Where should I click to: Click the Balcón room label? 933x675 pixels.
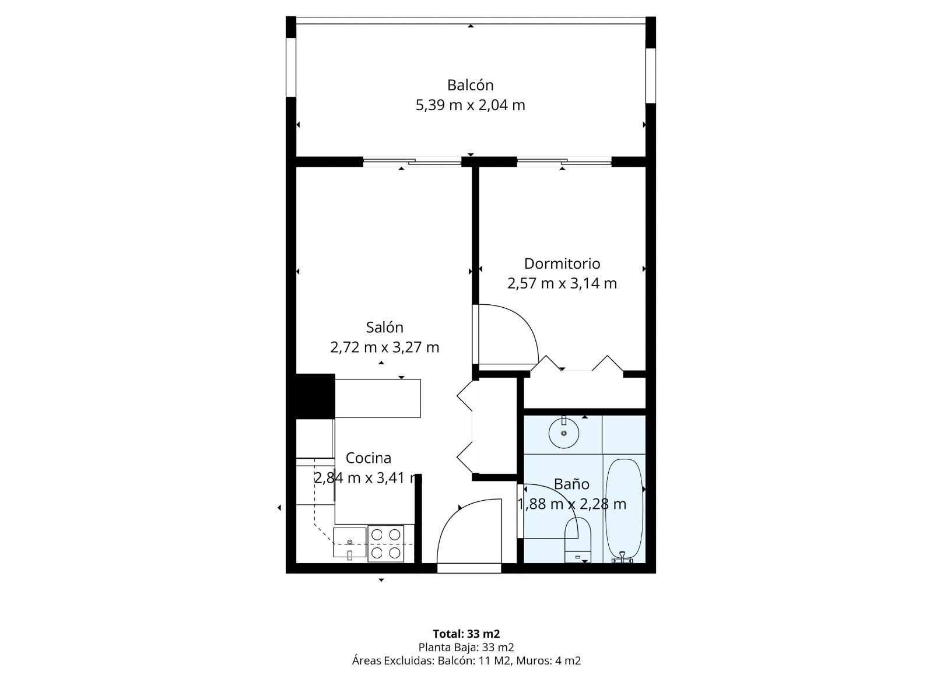[470, 85]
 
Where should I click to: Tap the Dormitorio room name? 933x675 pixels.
[562, 263]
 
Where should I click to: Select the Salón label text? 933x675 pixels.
[384, 327]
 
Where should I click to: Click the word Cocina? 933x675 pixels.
[368, 458]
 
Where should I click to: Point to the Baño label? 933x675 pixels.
[571, 484]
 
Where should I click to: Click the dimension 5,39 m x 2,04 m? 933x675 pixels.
[470, 105]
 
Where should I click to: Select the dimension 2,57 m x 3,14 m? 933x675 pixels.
[562, 283]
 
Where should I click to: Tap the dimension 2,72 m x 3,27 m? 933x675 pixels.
[384, 347]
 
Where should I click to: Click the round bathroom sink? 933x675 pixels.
[564, 434]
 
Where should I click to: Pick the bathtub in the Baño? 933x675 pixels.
[623, 509]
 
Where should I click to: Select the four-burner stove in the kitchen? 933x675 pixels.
[385, 543]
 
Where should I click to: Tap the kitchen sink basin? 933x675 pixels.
[349, 543]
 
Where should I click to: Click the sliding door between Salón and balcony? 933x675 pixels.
[412, 162]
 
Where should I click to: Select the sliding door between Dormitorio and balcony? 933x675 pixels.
[564, 162]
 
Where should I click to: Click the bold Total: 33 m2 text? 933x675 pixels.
[466, 634]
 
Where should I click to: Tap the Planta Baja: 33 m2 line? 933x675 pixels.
[466, 647]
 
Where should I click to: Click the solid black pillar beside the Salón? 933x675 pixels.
[315, 396]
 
